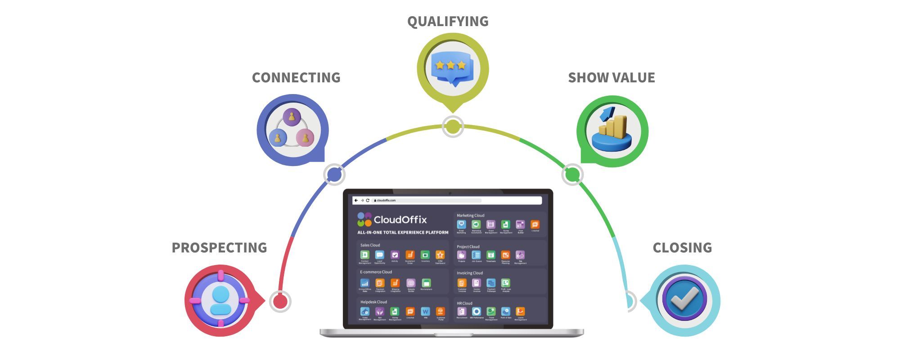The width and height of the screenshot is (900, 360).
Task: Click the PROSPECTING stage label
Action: (x=219, y=247)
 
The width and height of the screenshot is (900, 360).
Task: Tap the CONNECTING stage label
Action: (x=296, y=77)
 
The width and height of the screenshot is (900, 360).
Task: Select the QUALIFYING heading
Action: (x=448, y=21)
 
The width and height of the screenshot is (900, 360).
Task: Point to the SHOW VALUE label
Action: (x=611, y=77)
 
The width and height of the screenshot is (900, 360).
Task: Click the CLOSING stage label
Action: (x=682, y=247)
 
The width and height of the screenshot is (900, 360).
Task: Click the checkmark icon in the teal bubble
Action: (x=684, y=299)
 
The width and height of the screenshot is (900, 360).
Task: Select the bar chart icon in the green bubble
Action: (x=612, y=130)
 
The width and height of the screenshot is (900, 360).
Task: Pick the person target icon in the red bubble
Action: (x=220, y=300)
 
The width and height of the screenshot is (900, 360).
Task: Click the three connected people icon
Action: (x=292, y=129)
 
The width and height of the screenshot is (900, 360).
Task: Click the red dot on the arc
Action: (x=280, y=301)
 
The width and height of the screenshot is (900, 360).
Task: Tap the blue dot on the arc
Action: (x=334, y=174)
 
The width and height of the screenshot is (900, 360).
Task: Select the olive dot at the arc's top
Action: (x=452, y=127)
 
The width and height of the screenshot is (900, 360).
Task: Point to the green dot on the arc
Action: (x=572, y=174)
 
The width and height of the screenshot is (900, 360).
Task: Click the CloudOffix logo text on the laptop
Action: (x=400, y=220)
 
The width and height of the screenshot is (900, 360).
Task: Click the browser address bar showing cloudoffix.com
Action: (x=427, y=200)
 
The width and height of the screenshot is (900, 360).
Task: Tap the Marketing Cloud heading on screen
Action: (x=470, y=216)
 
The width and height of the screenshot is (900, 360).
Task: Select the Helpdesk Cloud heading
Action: (x=373, y=302)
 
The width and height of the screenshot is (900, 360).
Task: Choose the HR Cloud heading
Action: (x=464, y=303)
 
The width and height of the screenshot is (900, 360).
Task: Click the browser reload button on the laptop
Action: (x=368, y=200)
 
